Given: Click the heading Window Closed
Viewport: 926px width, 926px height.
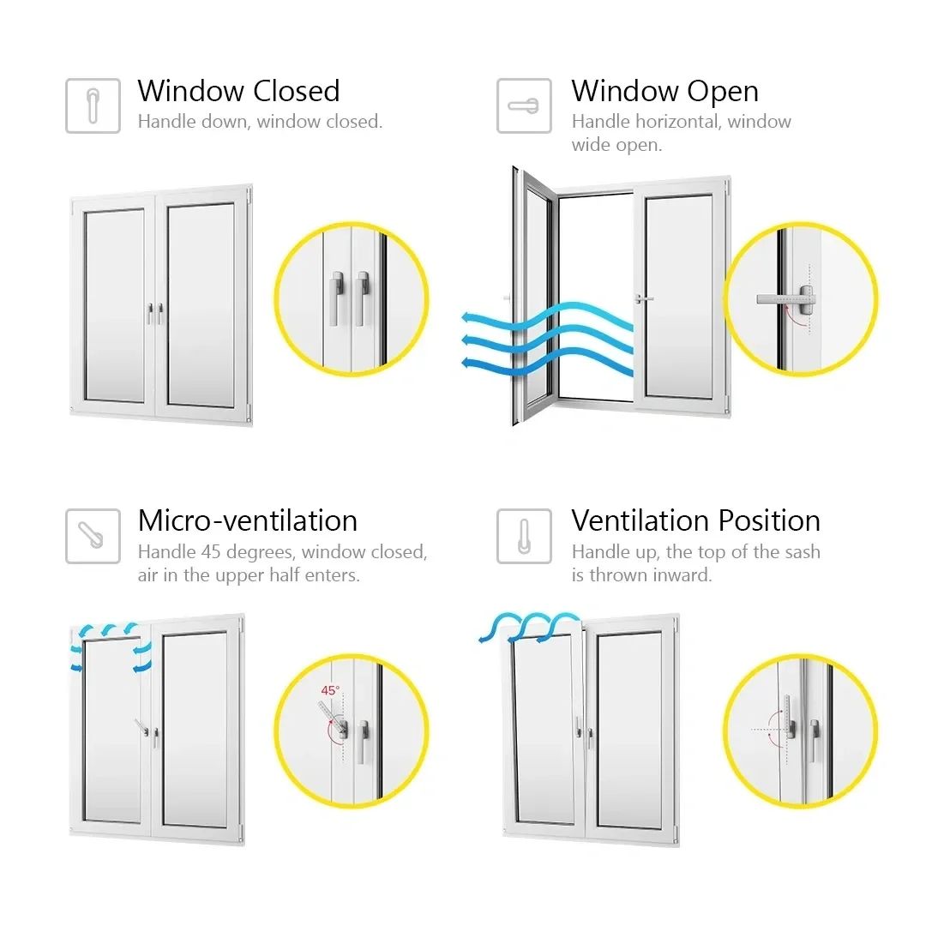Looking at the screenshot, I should coord(238,91).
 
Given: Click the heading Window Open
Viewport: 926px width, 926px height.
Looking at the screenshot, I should coord(664,91).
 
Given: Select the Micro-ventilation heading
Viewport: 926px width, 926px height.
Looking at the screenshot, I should coord(247,520).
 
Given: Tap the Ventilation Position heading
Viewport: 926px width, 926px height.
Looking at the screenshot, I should coord(695,520).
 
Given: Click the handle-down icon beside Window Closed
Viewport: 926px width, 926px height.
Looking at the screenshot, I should coord(93,106).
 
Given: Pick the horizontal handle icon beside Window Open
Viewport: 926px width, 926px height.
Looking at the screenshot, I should coord(524,106).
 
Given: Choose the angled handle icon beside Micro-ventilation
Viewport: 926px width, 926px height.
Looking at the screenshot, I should coord(93,536).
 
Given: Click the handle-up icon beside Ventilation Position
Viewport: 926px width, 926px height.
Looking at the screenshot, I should coord(524,536).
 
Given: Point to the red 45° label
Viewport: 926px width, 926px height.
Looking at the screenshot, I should coord(330,689).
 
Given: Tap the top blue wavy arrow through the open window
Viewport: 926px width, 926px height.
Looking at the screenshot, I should coord(549,318).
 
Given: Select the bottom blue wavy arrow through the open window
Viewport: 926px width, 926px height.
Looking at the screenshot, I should coord(549,364).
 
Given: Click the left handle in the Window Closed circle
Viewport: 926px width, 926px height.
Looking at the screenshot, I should coord(336,297).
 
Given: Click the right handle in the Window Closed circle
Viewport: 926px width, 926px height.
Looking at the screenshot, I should coord(362,297).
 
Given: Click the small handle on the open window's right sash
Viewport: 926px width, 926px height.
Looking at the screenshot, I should coord(642,298).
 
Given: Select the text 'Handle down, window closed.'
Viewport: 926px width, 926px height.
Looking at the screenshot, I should coord(260,122).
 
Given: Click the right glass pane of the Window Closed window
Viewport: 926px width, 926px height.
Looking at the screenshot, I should coord(201,304).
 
